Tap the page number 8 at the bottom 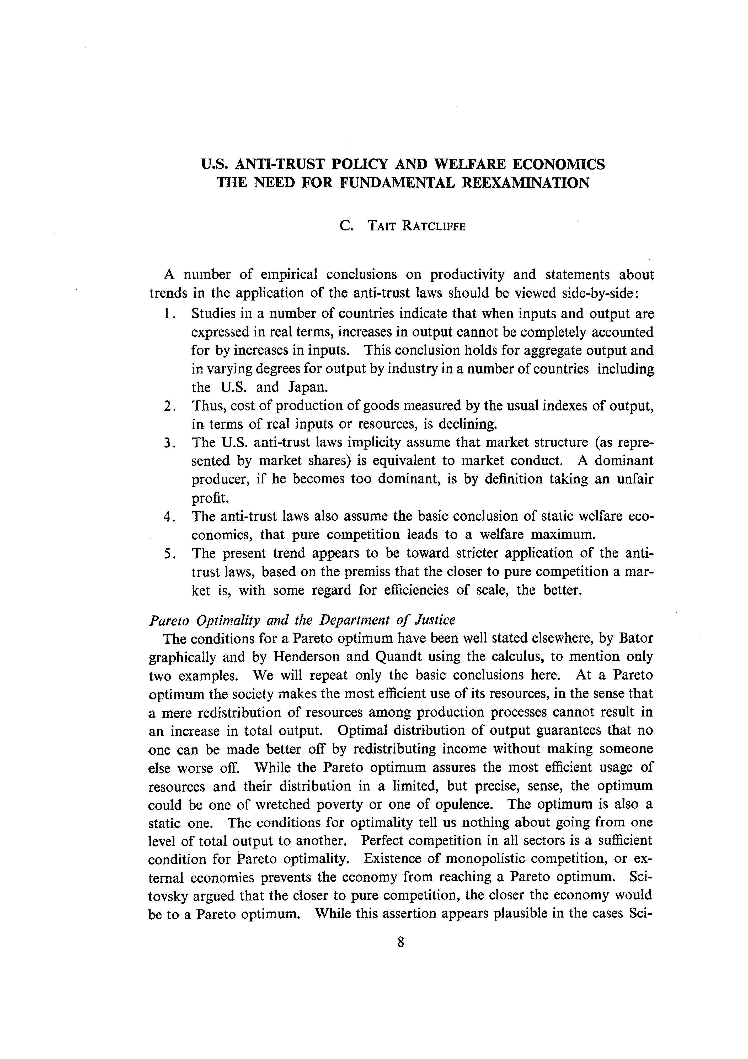400,942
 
